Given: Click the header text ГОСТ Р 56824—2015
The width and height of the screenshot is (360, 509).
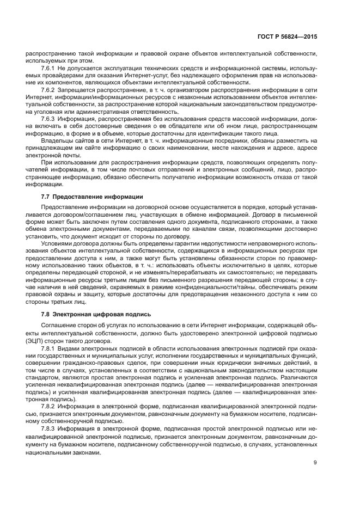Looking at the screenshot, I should [286, 37].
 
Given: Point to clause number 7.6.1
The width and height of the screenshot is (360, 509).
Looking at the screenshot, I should [49, 68].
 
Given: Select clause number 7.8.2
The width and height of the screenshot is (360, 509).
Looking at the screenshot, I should [49, 406].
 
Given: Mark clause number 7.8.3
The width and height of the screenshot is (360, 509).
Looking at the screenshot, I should [49, 428].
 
